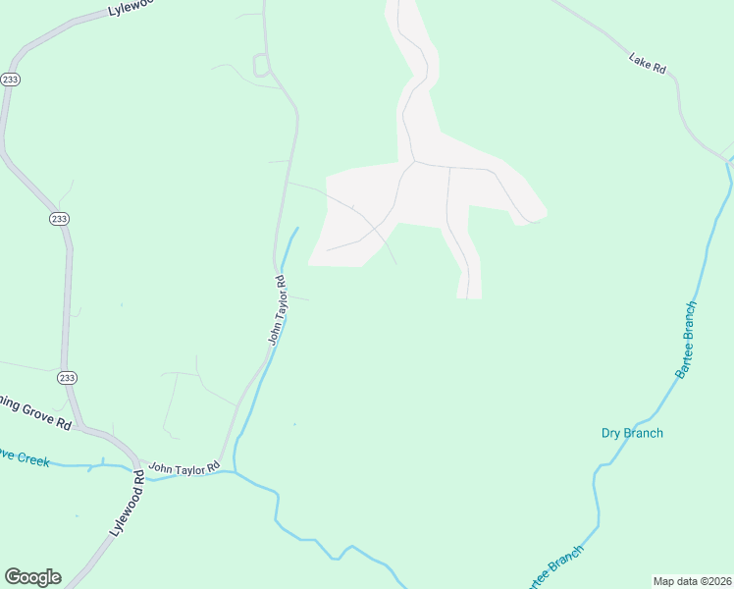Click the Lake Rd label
[x=648, y=64]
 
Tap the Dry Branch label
[x=632, y=433]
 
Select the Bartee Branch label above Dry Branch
[x=685, y=341]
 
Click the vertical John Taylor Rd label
[x=278, y=309]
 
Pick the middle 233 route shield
[x=59, y=219]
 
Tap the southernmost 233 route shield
[x=67, y=378]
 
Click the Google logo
[x=32, y=577]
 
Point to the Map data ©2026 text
[x=691, y=581]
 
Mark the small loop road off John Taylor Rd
[x=261, y=65]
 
